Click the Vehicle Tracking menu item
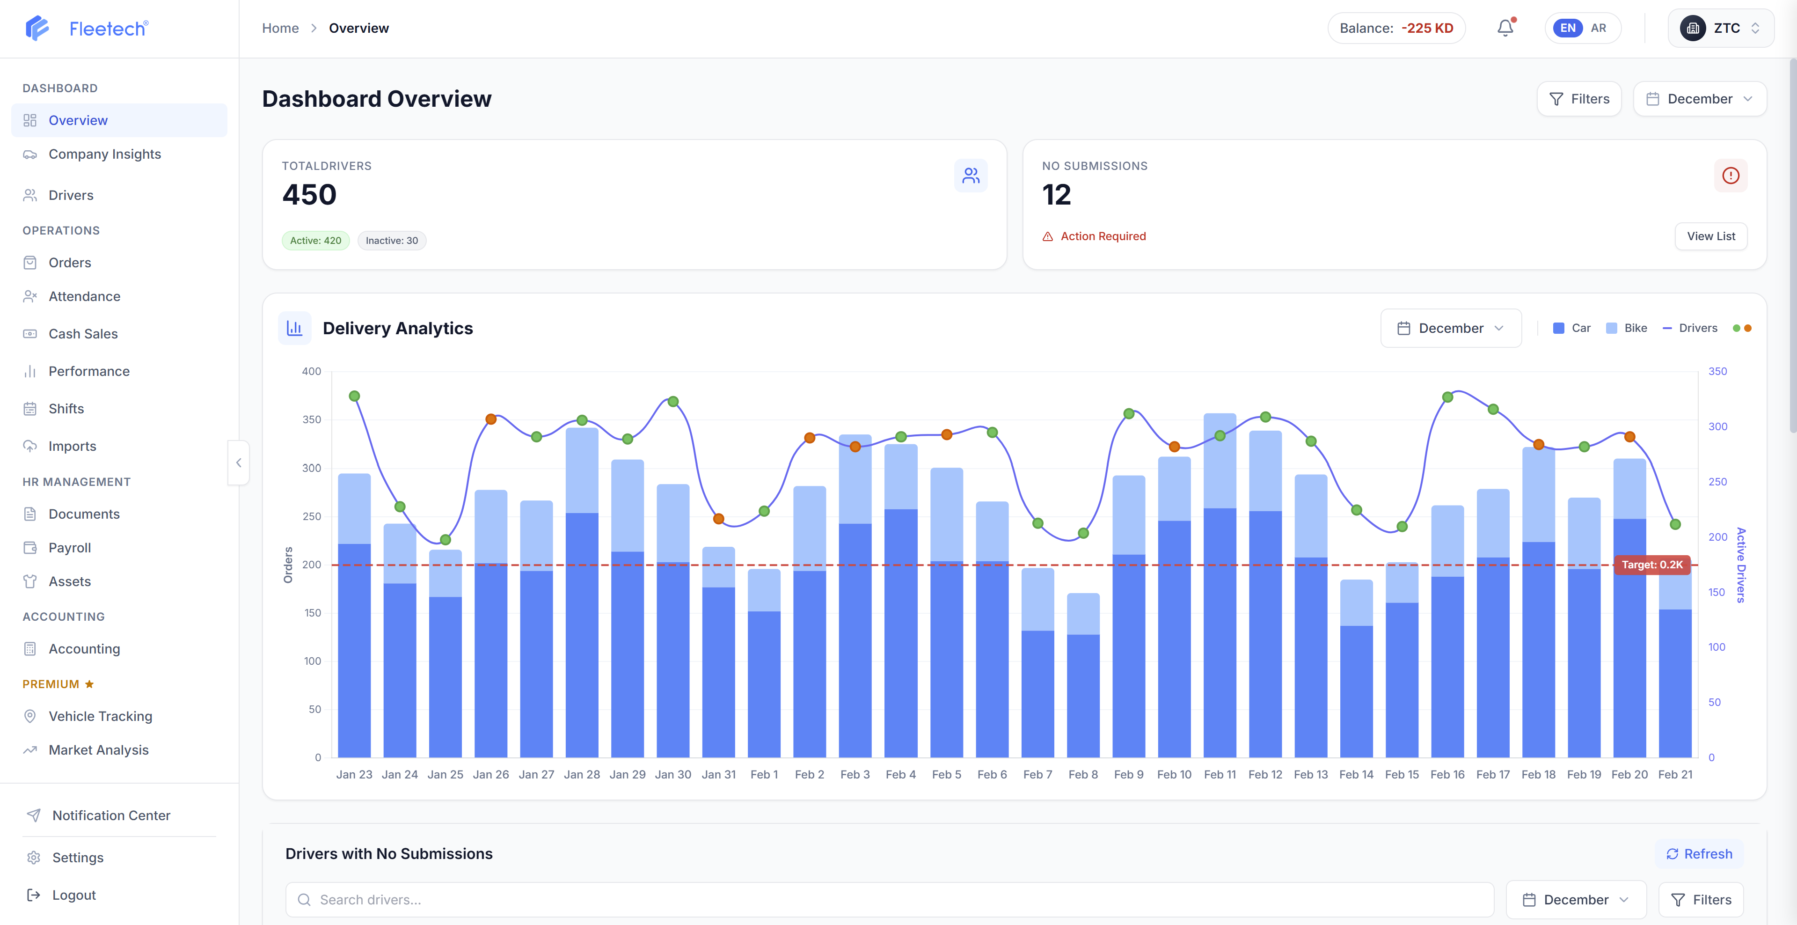(100, 716)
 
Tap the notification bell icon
(1505, 28)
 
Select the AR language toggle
(1598, 28)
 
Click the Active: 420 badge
(315, 241)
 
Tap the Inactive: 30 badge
(391, 241)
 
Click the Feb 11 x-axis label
(1220, 774)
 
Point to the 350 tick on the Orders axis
(312, 420)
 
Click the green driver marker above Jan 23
(354, 396)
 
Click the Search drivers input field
(890, 900)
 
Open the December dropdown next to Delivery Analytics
(1450, 328)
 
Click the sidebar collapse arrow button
(239, 462)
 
